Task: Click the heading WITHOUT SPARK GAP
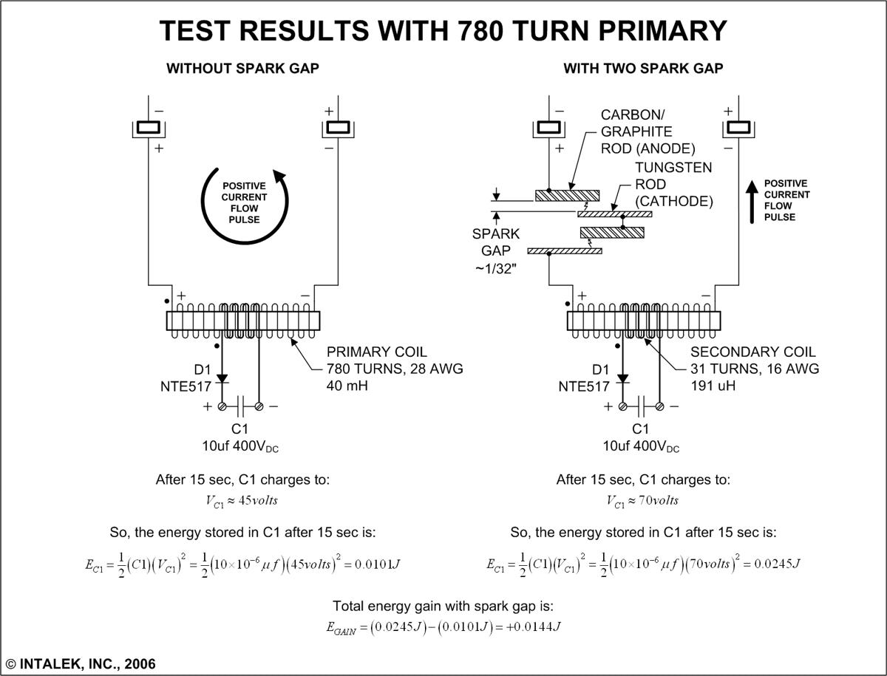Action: (x=242, y=69)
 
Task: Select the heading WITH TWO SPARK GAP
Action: (x=643, y=69)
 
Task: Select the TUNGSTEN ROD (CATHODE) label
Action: (x=673, y=185)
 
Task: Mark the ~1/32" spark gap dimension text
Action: (x=496, y=267)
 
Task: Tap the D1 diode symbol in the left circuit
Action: (x=222, y=379)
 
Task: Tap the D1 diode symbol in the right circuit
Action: (x=622, y=379)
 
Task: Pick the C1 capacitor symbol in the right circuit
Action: (x=641, y=406)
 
